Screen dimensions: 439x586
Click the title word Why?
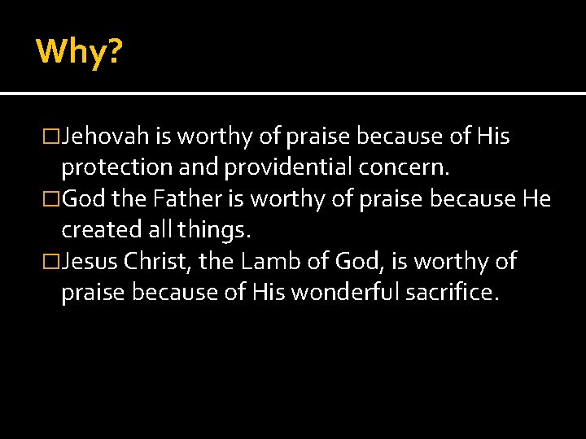79,52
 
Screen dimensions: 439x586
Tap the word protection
111,168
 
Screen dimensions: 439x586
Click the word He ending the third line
537,199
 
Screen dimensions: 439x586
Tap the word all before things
160,230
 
